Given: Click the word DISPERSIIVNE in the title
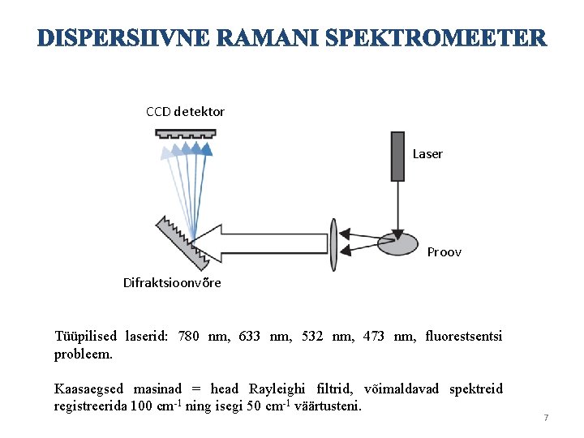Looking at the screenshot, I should [113, 38].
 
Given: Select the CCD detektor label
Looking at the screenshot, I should [185, 112].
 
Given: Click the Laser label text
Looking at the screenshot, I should [427, 154].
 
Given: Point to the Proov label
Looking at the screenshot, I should [444, 252].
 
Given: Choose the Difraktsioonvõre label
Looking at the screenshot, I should [172, 283].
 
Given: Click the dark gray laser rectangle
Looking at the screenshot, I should [397, 155].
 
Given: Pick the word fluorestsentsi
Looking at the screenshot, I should [464, 336].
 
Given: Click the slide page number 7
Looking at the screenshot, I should [546, 418].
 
